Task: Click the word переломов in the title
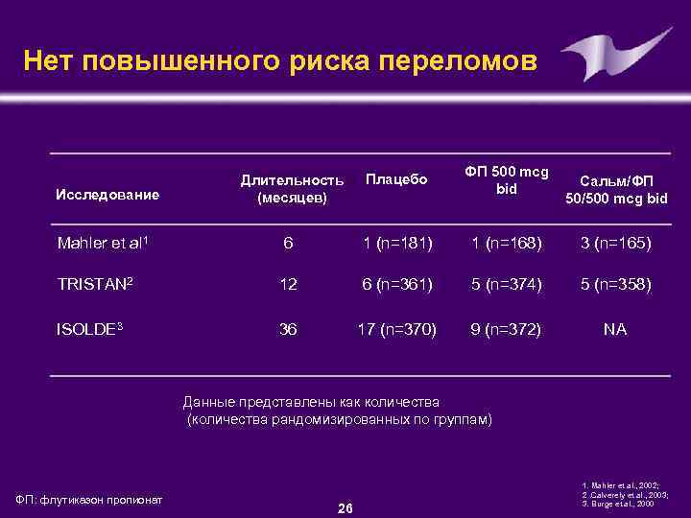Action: [460, 61]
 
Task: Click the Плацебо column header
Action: [396, 180]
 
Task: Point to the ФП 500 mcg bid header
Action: [507, 180]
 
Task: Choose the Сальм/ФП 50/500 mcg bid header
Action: [615, 189]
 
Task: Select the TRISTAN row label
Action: [95, 286]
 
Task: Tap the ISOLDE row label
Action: [90, 328]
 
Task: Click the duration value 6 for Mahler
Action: [288, 244]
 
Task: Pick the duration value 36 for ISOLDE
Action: [288, 329]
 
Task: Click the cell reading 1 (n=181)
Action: [396, 244]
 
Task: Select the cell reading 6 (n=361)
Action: [396, 286]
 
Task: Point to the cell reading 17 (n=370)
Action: [396, 329]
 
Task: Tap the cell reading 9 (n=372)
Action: [506, 329]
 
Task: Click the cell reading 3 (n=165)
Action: [615, 244]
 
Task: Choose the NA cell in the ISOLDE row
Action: [615, 329]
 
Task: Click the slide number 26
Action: [345, 507]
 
